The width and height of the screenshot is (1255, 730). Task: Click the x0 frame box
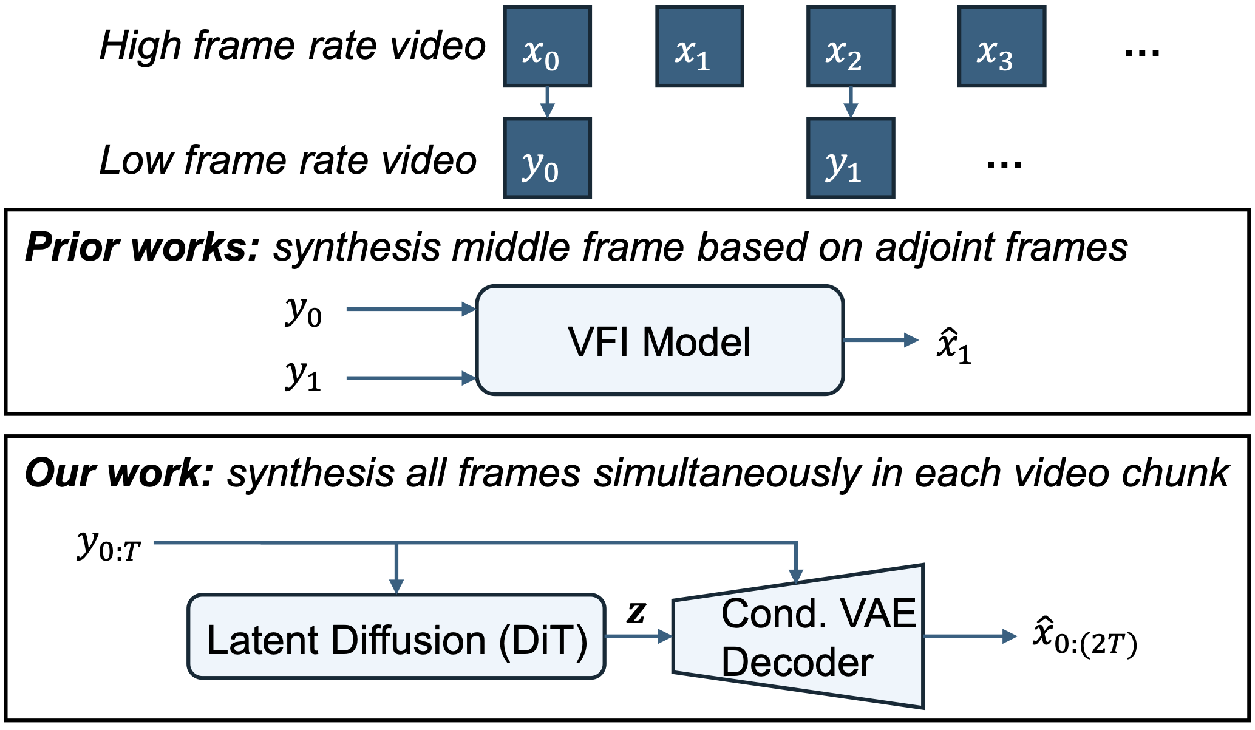point(547,47)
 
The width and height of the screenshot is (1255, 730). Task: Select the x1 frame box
point(699,47)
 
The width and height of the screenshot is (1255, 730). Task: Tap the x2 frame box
point(850,47)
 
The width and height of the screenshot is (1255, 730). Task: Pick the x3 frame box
point(1001,47)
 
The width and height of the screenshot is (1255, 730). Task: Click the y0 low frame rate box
point(547,158)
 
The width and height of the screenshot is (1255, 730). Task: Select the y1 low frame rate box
point(850,158)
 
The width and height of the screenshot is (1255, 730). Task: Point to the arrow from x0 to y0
point(547,102)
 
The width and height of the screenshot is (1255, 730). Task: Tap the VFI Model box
point(660,341)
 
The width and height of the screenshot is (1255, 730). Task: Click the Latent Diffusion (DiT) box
point(396,636)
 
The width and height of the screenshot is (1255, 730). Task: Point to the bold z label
point(636,612)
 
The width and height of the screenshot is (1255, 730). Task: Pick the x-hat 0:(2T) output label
point(1084,636)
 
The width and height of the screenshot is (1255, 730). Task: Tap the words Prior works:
point(142,248)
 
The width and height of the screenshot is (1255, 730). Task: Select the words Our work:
point(119,474)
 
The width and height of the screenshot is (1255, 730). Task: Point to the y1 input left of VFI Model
point(303,376)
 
